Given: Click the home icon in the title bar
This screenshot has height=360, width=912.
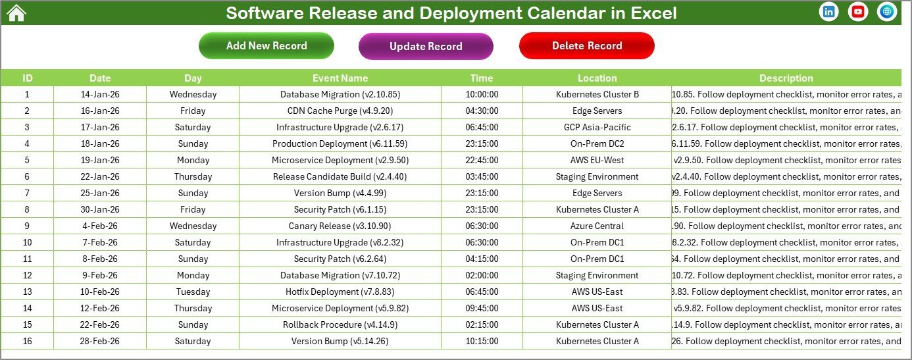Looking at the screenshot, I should tap(16, 13).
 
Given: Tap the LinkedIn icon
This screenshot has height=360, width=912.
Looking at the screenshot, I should tap(828, 12).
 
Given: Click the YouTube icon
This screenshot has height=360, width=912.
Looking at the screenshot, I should tap(857, 12).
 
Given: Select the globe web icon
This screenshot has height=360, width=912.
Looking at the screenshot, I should tap(886, 12).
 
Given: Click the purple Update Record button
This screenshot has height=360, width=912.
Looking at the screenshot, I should tap(426, 46).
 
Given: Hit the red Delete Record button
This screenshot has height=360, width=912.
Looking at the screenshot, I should tap(587, 45).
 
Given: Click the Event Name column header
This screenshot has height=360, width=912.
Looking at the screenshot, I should tap(340, 78).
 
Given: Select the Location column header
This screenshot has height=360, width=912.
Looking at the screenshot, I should tap(597, 78).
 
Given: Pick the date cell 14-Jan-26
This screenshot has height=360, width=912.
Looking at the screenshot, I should tap(100, 94).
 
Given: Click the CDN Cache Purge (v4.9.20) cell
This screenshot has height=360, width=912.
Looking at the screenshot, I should tap(340, 111).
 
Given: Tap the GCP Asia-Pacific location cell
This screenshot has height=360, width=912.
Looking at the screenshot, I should tap(597, 127).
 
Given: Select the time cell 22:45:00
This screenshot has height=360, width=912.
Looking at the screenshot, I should tap(482, 160).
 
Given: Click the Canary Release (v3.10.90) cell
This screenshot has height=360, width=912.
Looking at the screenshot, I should tap(340, 226).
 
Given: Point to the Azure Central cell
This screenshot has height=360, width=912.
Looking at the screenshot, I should tap(597, 226).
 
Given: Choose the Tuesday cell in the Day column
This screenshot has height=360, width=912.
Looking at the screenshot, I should tap(193, 292).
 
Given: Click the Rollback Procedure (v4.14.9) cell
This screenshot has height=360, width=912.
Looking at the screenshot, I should tap(340, 324).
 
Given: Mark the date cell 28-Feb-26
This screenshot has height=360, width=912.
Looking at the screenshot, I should tap(100, 341).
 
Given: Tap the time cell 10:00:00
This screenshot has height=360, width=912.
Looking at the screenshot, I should tap(482, 94).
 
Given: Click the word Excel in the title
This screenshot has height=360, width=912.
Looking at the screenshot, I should tap(652, 13).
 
